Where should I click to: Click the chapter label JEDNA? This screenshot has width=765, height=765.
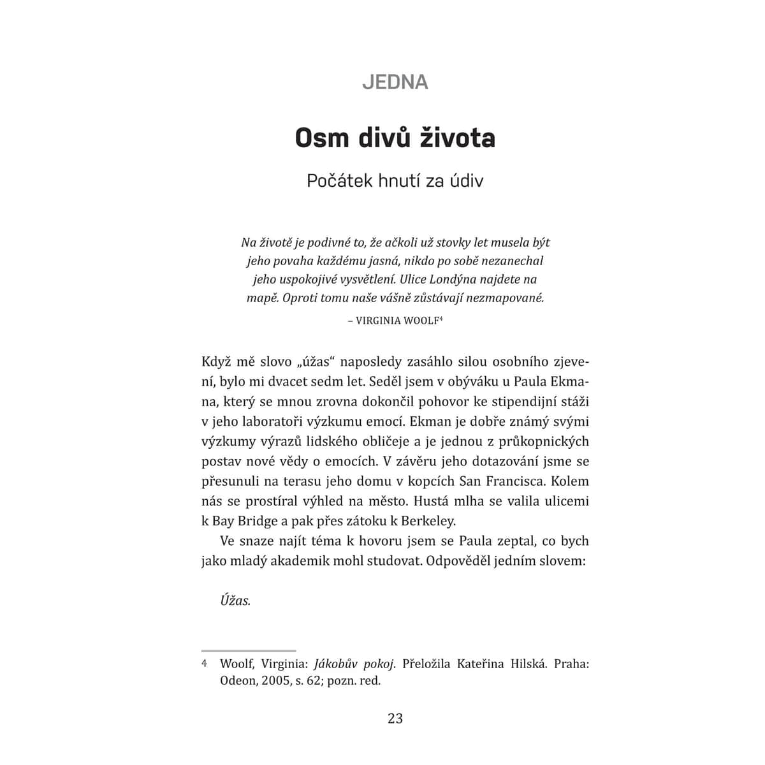tap(395, 82)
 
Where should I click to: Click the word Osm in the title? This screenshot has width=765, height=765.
tap(321, 138)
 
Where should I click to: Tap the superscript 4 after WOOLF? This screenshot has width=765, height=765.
tap(441, 318)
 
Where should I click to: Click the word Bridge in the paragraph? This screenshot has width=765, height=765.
tap(254, 520)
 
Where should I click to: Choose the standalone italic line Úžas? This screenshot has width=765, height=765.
tap(235, 601)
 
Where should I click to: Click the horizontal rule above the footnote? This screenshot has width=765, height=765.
tap(249, 651)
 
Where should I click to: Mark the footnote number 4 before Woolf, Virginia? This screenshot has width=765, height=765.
tap(205, 664)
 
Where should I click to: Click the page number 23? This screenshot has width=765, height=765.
tap(395, 718)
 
